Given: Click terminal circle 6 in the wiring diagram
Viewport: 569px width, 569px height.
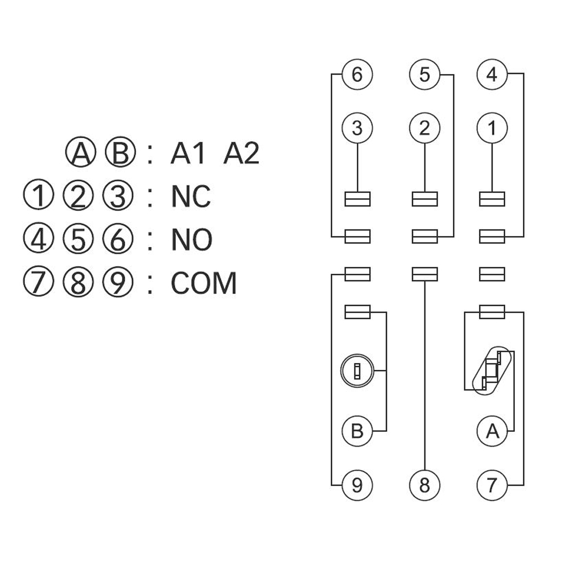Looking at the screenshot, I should coord(357,75).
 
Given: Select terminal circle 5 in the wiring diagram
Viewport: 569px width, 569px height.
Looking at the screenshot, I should coord(424,75).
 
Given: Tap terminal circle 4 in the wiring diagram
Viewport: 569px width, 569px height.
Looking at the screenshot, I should coord(492,75).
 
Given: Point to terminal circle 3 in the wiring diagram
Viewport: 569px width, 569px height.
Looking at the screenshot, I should coord(357,128).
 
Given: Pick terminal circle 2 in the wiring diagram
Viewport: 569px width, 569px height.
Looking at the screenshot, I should coord(424,128).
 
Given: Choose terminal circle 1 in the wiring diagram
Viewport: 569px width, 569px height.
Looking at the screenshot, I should coord(492,128).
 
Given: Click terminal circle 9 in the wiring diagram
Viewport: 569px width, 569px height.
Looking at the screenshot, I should coord(357,485).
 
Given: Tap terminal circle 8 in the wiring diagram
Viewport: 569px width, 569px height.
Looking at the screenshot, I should coord(424,485).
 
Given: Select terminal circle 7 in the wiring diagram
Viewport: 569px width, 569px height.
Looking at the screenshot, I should coord(492,485).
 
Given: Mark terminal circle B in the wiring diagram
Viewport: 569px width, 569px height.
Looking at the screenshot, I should coord(357,431).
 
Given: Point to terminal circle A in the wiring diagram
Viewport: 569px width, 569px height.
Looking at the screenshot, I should coord(492,431).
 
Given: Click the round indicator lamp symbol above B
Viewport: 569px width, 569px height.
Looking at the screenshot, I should coord(357,372).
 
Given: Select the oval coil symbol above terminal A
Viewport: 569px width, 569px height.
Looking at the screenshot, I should coord(492,370).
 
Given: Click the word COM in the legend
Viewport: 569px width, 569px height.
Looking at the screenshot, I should coord(203,283).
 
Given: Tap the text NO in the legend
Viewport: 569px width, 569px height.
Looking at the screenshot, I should coord(192,240).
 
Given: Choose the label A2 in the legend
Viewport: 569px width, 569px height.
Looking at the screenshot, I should coord(241,154).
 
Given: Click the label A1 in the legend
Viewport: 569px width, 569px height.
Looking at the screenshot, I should coord(187,154).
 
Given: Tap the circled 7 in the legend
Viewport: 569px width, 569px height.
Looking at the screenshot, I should coord(38,283).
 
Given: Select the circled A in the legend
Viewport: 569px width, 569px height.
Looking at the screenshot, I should coord(80,154).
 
